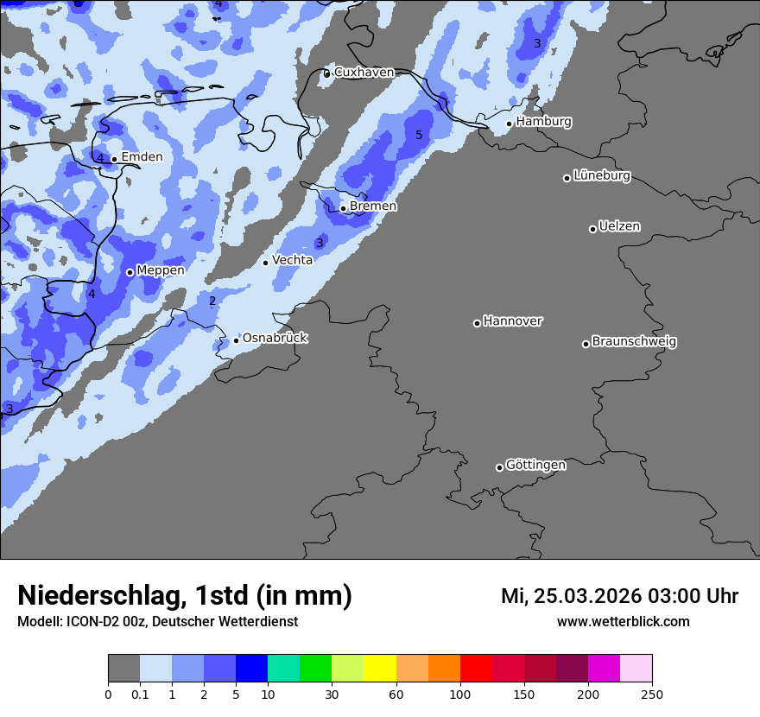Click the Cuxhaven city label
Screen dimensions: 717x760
[x=364, y=73]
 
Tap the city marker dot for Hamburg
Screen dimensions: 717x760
[x=510, y=124]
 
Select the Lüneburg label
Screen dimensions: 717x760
[x=601, y=175]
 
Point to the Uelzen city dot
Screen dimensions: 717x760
[x=592, y=229]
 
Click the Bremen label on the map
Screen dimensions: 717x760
[x=373, y=206]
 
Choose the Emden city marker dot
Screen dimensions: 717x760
[x=114, y=159]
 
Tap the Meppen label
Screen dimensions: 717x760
[x=161, y=270]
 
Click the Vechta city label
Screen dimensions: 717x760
[x=292, y=260]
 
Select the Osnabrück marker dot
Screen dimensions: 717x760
[x=236, y=340]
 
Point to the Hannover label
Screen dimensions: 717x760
[x=513, y=321]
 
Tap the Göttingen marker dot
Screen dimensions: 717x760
[x=499, y=467]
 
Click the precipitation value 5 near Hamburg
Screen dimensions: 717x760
[x=419, y=136]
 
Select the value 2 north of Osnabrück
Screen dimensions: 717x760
[x=212, y=301]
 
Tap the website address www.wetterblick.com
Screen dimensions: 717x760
[x=623, y=622]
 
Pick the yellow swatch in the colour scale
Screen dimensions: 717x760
[x=380, y=669]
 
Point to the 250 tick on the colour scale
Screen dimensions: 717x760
[x=652, y=695]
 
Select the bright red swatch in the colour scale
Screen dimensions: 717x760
[x=476, y=669]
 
